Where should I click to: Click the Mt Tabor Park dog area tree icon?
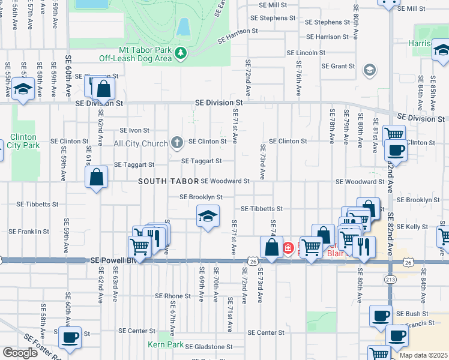(x=181, y=54)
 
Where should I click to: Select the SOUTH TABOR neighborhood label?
(x=167, y=181)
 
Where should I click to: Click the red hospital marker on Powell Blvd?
(x=288, y=247)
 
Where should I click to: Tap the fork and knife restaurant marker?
(x=364, y=247)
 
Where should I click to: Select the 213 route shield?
(x=390, y=280)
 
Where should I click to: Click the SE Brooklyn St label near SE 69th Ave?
(x=202, y=197)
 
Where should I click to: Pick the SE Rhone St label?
(x=173, y=296)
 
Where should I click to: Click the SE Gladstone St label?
(x=208, y=347)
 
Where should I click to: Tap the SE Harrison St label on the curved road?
(x=238, y=31)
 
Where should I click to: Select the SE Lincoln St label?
(x=306, y=53)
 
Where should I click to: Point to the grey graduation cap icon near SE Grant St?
(x=369, y=71)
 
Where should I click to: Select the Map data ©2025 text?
(x=423, y=355)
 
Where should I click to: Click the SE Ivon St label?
(x=134, y=130)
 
